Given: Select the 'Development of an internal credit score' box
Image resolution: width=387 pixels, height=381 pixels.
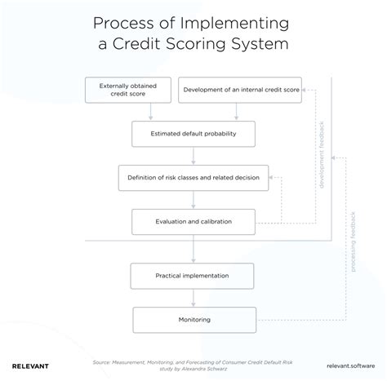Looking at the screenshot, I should click(239, 91).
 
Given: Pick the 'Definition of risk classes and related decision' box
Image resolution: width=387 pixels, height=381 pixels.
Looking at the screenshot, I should click(193, 178).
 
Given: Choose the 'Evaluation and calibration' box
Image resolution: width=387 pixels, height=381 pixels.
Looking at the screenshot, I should click(193, 221).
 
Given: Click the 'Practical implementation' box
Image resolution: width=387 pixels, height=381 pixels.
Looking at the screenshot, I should click(193, 276).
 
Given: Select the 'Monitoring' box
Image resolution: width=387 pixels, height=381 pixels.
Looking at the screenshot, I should click(193, 319).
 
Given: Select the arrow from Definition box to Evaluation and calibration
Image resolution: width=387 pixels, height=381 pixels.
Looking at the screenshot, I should click(193, 199).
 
